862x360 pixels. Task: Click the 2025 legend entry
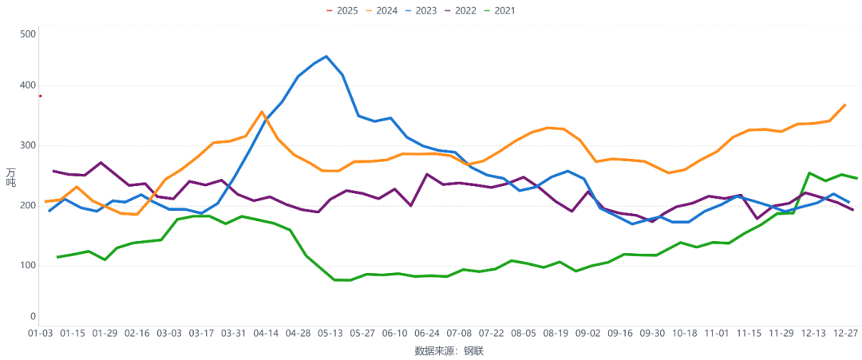click(x=342, y=10)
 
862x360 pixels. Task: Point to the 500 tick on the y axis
click(x=28, y=34)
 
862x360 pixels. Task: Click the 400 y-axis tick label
click(x=28, y=86)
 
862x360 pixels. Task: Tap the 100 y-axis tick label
click(x=28, y=265)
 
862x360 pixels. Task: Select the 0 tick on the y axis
click(x=33, y=317)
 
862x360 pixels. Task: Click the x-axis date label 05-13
click(x=330, y=333)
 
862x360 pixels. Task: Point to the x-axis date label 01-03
click(x=40, y=333)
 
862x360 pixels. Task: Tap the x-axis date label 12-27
click(x=845, y=333)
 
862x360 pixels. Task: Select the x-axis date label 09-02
click(x=587, y=333)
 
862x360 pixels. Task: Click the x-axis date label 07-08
click(x=459, y=333)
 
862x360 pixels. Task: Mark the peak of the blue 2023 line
click(x=326, y=57)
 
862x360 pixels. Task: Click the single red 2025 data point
click(x=40, y=96)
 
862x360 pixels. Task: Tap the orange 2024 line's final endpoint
click(x=845, y=105)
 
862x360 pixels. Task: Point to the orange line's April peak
click(x=262, y=112)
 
